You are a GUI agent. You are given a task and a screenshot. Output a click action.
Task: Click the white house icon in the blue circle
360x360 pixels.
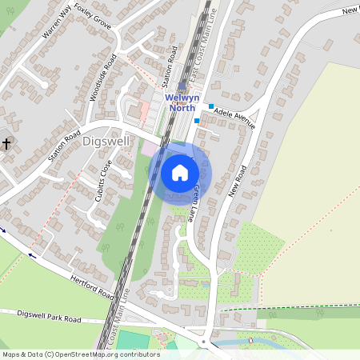click(180, 173)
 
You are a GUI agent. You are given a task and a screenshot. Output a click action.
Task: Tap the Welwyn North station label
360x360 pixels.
click(181, 102)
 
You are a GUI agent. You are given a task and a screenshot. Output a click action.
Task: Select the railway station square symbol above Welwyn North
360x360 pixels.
click(182, 86)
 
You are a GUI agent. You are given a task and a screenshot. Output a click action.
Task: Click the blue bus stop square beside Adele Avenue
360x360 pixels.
click(211, 106)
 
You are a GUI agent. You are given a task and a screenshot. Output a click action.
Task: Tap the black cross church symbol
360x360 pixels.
click(7, 144)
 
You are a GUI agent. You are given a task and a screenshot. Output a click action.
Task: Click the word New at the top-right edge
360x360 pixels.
click(350, 10)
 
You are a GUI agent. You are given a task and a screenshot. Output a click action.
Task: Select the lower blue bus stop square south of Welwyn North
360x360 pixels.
click(197, 121)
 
